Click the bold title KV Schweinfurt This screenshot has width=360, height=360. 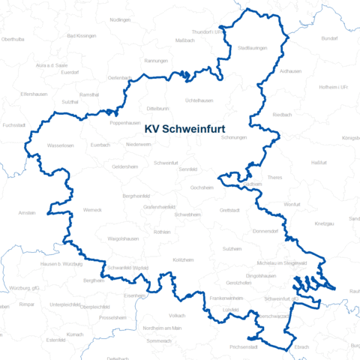pos(188,128)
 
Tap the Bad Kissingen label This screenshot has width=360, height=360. pos(79,35)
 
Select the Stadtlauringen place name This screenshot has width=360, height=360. pos(253,48)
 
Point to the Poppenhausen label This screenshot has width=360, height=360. pos(125,122)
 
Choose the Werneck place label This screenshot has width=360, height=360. pos(92,209)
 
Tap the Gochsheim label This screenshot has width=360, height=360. pos(202,187)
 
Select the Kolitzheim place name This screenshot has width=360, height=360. pos(183,259)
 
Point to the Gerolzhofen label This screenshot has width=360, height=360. pos(238,283)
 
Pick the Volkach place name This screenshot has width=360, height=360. pos(177,315)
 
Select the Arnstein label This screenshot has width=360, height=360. pos(27,212)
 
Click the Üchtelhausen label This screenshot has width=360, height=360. pos(199,100)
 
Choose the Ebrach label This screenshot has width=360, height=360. pos(301,347)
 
